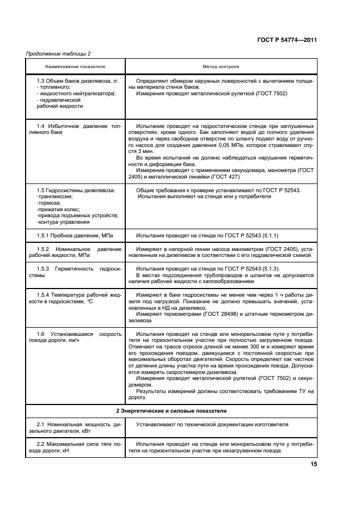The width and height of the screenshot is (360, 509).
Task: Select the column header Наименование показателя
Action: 75,66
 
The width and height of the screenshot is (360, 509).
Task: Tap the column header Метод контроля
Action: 221,66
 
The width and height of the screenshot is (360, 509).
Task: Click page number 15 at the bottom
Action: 314,464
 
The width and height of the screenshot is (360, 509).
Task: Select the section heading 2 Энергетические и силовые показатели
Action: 172,410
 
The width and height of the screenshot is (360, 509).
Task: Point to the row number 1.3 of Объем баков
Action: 40,81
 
